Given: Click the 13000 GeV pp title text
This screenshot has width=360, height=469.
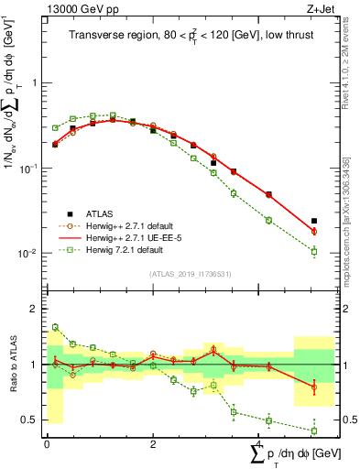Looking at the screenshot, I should click(76, 8).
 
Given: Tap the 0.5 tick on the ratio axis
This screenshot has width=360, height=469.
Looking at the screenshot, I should click(30, 420).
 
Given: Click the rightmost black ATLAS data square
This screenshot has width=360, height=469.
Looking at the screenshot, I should click(314, 221).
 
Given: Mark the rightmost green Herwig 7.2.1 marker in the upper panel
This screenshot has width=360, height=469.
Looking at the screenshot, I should click(314, 251).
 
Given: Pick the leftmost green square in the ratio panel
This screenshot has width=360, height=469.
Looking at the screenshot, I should click(55, 327).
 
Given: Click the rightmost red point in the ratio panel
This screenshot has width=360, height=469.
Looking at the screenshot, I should click(314, 387).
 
